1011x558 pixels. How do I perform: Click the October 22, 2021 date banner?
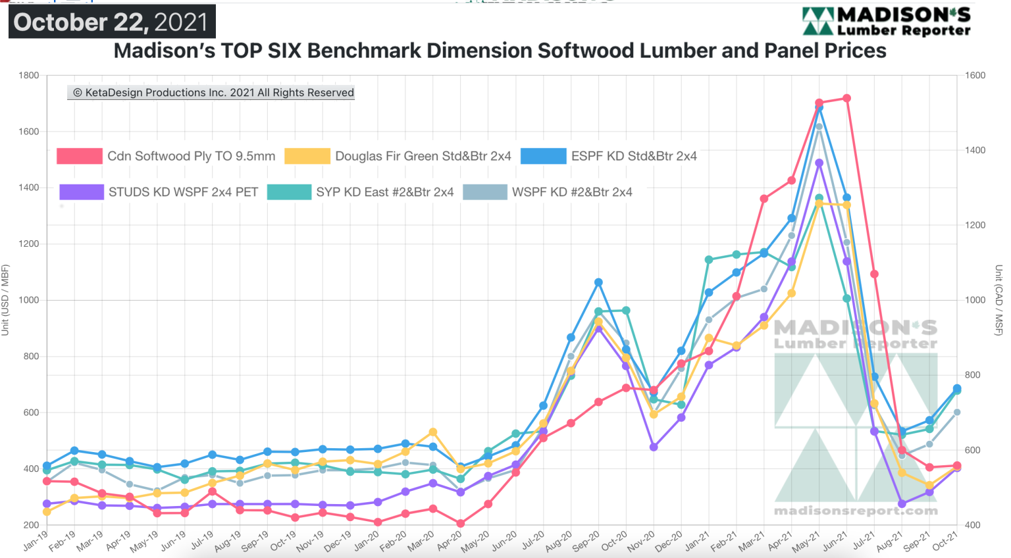point(111,22)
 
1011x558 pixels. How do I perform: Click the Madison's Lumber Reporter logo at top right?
point(886,21)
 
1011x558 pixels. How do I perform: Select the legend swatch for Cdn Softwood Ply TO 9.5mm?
point(80,156)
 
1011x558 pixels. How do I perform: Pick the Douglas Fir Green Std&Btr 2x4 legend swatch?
point(307,156)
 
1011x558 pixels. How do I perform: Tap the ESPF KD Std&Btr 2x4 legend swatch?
point(543,156)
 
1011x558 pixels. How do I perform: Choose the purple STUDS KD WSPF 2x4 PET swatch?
point(81,192)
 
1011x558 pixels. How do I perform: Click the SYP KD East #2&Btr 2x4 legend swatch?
point(289,192)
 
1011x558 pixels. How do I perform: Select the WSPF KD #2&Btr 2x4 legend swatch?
point(485,192)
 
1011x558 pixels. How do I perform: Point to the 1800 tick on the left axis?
point(28,76)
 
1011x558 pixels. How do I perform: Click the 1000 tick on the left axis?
point(28,300)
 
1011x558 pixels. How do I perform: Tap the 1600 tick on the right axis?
point(975,76)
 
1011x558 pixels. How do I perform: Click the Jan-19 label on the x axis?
point(36,541)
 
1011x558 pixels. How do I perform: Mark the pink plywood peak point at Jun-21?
point(847,99)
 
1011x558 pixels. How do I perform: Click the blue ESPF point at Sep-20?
point(598,282)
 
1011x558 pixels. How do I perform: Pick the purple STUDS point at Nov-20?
point(654,447)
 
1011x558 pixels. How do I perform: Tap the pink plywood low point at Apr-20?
point(460,524)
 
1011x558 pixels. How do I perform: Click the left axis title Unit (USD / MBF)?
point(5,300)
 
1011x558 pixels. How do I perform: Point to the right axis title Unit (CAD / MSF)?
point(998,300)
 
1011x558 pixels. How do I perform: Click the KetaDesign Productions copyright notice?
point(211,93)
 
